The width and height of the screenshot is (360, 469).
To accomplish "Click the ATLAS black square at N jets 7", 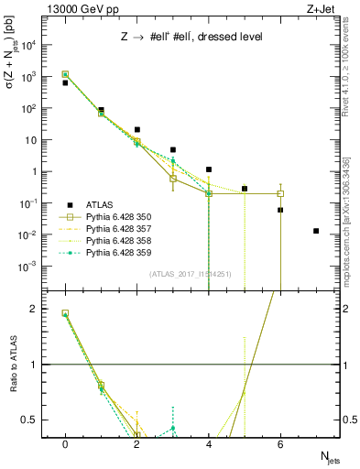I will (x=316, y=231).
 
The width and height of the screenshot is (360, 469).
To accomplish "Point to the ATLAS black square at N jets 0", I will (x=65, y=82).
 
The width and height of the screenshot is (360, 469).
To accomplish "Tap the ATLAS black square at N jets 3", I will (x=173, y=149).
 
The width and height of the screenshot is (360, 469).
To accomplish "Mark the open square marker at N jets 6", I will (x=280, y=193).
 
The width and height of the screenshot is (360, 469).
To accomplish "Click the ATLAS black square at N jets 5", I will (x=245, y=189).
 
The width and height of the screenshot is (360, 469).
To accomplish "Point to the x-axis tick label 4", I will (x=209, y=443).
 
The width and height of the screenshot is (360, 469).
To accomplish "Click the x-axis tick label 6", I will (x=280, y=443).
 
